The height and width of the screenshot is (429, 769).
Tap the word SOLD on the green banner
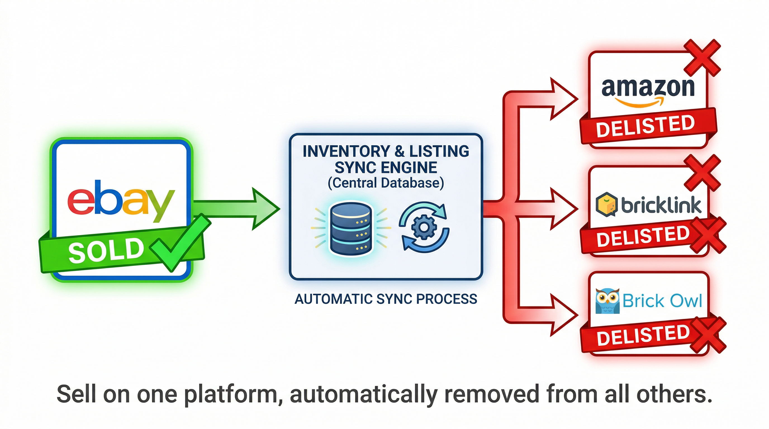(x=106, y=250)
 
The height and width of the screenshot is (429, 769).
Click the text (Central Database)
(x=386, y=183)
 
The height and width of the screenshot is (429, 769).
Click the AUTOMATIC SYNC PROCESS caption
(x=386, y=299)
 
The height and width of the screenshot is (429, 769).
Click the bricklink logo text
(x=661, y=205)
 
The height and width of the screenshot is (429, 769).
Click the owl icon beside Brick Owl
(x=607, y=301)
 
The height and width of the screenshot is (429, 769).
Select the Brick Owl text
(x=662, y=301)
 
